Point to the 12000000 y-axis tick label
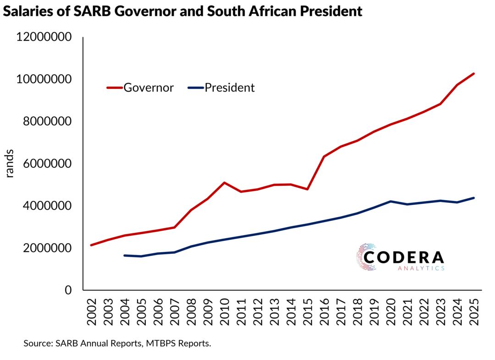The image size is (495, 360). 44,37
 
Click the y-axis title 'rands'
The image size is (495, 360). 10,164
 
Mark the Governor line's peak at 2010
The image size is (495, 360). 225,183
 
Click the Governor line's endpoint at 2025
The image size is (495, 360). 474,74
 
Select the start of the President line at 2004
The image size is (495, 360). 125,255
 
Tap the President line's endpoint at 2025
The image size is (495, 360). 474,198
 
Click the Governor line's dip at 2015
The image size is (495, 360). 308,189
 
